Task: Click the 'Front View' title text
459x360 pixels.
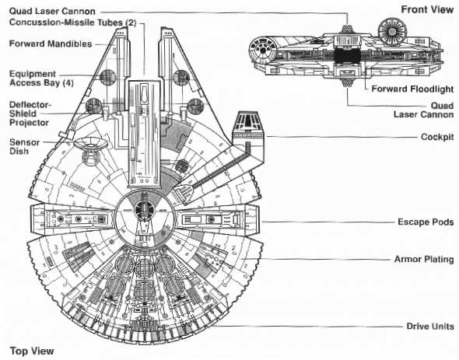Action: [x=427, y=9]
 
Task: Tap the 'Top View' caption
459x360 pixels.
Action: [x=32, y=351]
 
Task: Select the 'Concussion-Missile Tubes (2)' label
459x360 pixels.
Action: [x=72, y=23]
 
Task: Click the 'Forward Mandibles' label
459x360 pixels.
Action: [x=51, y=44]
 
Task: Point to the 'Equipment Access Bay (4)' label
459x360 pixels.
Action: [x=41, y=79]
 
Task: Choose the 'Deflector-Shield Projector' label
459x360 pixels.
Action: [x=30, y=114]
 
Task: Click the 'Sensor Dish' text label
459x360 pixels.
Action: [x=25, y=147]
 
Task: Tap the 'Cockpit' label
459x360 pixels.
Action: [x=437, y=137]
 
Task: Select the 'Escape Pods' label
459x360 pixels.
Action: [x=426, y=222]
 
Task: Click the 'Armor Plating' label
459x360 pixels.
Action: [x=424, y=259]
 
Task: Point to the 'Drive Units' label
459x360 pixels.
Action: [x=430, y=326]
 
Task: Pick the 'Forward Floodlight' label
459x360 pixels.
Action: [x=412, y=89]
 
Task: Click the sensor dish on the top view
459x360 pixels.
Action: [x=90, y=143]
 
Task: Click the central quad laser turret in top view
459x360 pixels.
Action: [x=144, y=210]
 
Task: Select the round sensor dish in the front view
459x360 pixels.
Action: [x=392, y=31]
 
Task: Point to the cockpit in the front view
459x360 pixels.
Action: [x=263, y=51]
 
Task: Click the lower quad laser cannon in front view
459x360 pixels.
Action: [x=348, y=83]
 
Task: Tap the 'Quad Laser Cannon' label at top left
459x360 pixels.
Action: [x=52, y=12]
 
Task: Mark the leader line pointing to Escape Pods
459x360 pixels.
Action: [x=328, y=222]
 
